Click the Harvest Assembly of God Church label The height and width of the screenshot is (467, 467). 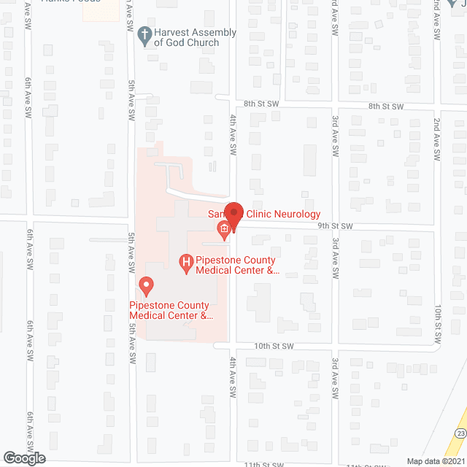tap(196, 37)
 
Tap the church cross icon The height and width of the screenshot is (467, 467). tap(144, 34)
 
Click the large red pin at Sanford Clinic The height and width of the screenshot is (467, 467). tap(233, 214)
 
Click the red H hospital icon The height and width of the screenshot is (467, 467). tap(186, 260)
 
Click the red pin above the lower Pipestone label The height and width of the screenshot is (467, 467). tap(146, 284)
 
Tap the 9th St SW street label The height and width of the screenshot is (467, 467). tap(335, 226)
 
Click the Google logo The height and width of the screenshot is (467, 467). tap(23, 458)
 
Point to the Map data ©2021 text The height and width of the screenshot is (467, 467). tap(434, 460)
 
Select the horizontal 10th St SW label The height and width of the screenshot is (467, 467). tap(274, 345)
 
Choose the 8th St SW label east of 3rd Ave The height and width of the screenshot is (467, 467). tap(386, 107)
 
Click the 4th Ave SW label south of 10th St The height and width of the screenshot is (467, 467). tap(233, 373)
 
